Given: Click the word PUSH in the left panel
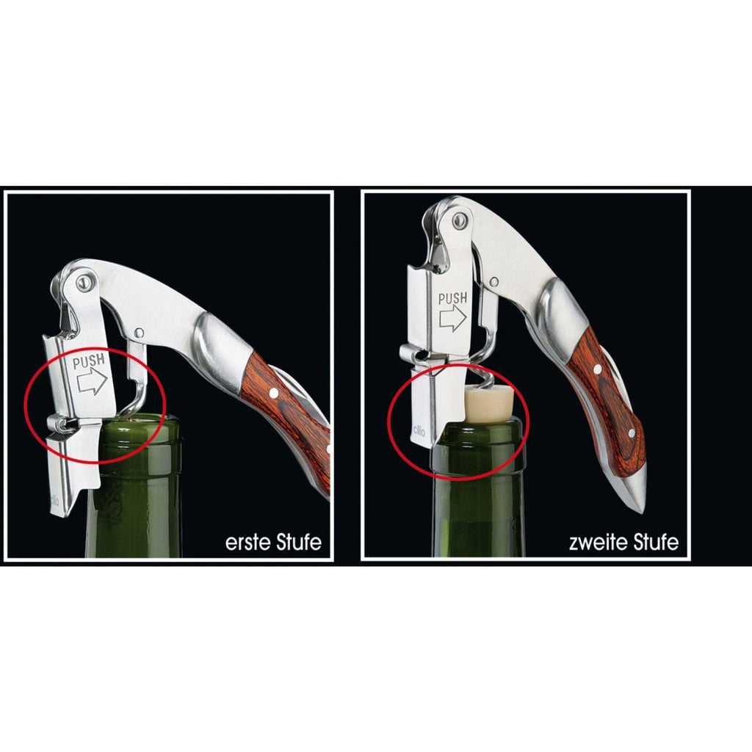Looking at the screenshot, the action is pyautogui.click(x=89, y=361).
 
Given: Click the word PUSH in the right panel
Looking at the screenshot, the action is pyautogui.click(x=452, y=298).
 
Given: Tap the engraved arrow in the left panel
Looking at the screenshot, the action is pyautogui.click(x=92, y=381).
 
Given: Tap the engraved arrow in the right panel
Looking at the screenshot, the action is pyautogui.click(x=453, y=317).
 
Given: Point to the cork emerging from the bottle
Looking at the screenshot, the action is pyautogui.click(x=489, y=405).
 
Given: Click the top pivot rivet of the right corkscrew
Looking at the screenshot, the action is pyautogui.click(x=460, y=220).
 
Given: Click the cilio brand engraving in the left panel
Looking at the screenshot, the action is pyautogui.click(x=54, y=499).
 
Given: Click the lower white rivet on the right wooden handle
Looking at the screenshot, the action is pyautogui.click(x=632, y=433).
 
